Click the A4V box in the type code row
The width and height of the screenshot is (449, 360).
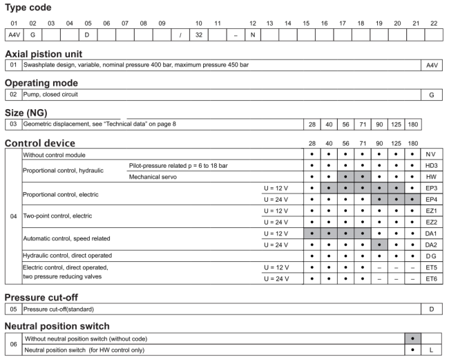pyautogui.click(x=14, y=33)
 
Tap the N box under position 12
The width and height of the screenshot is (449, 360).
pyautogui.click(x=253, y=33)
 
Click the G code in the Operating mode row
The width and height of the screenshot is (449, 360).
pyautogui.click(x=431, y=95)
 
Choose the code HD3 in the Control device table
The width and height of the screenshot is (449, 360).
pyautogui.click(x=431, y=166)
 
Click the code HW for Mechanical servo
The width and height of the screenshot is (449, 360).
pyautogui.click(x=431, y=177)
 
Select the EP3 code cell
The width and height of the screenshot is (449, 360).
pyautogui.click(x=431, y=188)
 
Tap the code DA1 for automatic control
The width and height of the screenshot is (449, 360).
pyautogui.click(x=431, y=234)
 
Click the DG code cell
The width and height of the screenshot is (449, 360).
pyautogui.click(x=431, y=256)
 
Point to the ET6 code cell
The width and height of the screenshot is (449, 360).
pyautogui.click(x=431, y=278)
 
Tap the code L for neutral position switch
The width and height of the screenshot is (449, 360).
pyautogui.click(x=431, y=350)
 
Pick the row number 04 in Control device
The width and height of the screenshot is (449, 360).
pyautogui.click(x=13, y=216)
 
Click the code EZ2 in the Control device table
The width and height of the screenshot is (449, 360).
pyautogui.click(x=431, y=222)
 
